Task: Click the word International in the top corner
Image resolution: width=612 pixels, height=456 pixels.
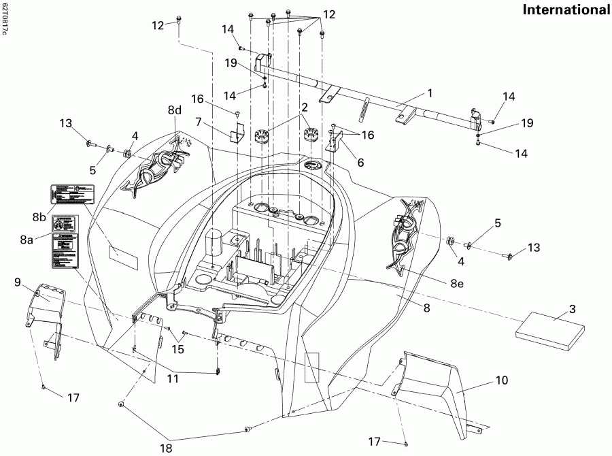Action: (566, 10)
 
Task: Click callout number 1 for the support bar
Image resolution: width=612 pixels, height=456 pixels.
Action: (429, 91)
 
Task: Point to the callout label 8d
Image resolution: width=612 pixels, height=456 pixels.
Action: (175, 110)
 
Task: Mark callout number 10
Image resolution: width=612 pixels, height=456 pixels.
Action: (501, 381)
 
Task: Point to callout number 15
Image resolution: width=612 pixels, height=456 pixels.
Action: (177, 350)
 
